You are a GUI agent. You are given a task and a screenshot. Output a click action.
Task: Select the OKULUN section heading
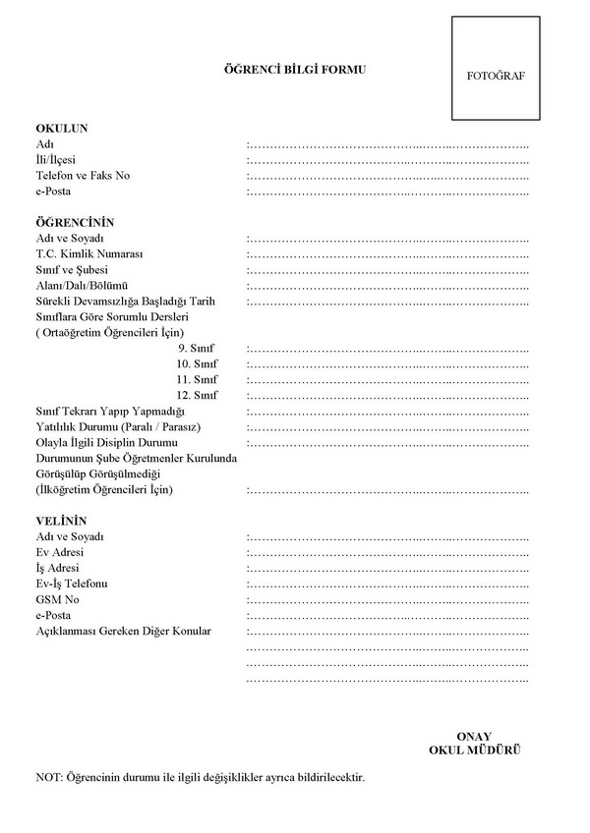(x=62, y=129)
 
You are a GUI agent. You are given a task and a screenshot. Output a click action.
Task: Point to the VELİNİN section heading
(x=62, y=521)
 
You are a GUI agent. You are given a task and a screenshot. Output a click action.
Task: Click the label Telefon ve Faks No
(x=83, y=176)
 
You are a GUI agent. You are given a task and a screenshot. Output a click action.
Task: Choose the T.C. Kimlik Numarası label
(x=89, y=253)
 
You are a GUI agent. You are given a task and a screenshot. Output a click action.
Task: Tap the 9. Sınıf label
(x=198, y=348)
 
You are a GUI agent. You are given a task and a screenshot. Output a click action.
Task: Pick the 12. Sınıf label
(x=197, y=395)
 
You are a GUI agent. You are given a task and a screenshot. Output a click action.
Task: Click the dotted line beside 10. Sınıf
(x=387, y=363)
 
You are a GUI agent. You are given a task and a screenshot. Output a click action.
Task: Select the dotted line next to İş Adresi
(x=387, y=568)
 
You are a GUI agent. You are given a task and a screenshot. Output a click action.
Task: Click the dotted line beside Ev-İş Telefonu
(x=387, y=583)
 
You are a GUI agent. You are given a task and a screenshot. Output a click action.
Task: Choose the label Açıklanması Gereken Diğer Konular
(x=123, y=631)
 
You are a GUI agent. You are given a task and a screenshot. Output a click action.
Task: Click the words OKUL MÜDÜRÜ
(x=474, y=750)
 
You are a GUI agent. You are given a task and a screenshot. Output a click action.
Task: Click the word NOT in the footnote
(x=47, y=777)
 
